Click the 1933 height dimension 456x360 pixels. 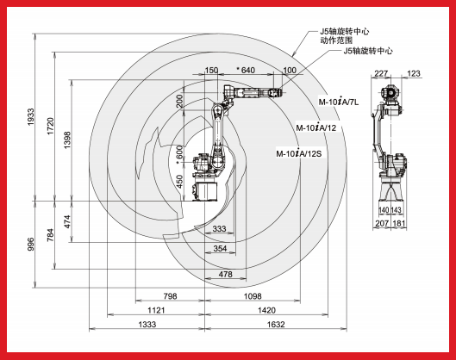(31, 117)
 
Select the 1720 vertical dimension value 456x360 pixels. (51, 126)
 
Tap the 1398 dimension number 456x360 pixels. (67, 140)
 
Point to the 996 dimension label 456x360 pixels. (31, 244)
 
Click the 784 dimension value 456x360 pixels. (51, 235)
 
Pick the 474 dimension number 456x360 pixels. (67, 221)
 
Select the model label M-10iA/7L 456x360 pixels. (339, 102)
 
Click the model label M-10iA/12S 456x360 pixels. (299, 153)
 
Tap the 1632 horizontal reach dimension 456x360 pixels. (276, 325)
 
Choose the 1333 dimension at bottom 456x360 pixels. (147, 325)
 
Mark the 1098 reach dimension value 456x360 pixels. (253, 296)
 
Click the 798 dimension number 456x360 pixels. (170, 296)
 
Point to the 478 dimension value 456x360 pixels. (225, 274)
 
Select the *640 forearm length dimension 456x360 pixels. (246, 70)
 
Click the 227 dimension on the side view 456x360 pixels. (381, 73)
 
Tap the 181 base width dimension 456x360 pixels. (399, 223)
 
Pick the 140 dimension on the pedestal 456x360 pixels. (384, 210)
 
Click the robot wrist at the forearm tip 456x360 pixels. (274, 93)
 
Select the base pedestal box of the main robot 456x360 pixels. (205, 191)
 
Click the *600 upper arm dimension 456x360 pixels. (180, 154)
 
